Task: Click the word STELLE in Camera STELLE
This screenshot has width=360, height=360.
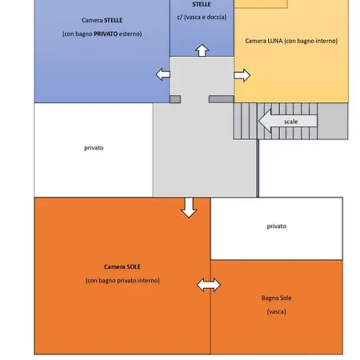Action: [x=114, y=20]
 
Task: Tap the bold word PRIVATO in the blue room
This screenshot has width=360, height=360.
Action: [x=106, y=34]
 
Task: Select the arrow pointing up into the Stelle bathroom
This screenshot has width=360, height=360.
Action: [x=202, y=50]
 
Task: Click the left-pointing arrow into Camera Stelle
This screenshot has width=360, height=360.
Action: [x=163, y=74]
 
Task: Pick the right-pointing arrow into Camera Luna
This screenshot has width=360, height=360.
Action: [x=242, y=75]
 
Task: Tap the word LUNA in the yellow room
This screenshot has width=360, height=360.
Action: [x=274, y=41]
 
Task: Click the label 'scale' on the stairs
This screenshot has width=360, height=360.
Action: [x=290, y=122]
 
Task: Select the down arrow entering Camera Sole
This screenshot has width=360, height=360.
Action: [x=189, y=207]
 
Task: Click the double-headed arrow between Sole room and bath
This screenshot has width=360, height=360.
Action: [x=209, y=285]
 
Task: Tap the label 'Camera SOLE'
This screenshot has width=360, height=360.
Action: [x=122, y=266]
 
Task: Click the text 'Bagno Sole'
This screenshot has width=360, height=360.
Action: [x=276, y=298]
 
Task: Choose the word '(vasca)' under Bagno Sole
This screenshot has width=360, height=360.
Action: [x=276, y=311]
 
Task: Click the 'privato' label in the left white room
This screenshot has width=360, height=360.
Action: [x=94, y=148]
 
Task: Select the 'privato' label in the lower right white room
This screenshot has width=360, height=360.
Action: [x=277, y=226]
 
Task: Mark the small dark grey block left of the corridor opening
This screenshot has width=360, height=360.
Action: [x=175, y=99]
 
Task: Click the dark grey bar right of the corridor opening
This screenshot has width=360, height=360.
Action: [x=222, y=99]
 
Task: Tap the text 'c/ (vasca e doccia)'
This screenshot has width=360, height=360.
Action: [x=202, y=17]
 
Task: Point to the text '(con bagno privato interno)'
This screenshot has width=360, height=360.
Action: [x=122, y=281]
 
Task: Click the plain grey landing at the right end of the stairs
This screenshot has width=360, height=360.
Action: [x=333, y=121]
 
